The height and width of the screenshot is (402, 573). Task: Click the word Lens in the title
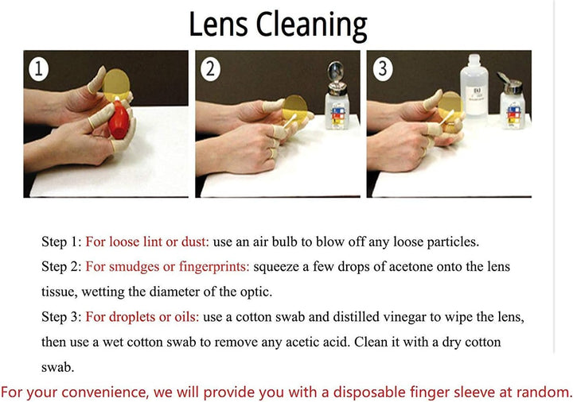click(218, 24)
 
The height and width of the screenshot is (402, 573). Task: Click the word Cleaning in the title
click(312, 26)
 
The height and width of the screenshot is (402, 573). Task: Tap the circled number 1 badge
click(38, 69)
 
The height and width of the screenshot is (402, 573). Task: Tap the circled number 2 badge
click(210, 68)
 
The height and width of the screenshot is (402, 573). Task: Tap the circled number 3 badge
click(383, 68)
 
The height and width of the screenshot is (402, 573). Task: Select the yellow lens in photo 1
click(116, 84)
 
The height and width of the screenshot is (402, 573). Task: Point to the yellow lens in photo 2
click(295, 109)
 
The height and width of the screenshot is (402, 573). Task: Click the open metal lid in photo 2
click(335, 72)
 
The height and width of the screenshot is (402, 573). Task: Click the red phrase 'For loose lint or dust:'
click(147, 242)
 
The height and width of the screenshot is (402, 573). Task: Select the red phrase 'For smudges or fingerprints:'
click(167, 267)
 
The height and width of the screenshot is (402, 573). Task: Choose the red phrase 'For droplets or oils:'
click(142, 317)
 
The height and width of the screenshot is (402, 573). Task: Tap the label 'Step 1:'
click(61, 242)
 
